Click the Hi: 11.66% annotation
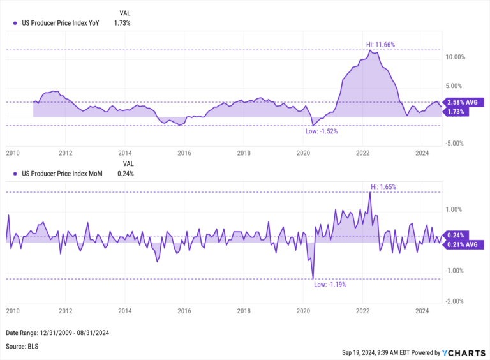pyautogui.click(x=380, y=44)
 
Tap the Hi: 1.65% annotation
pyautogui.click(x=384, y=187)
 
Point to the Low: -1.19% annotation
pyautogui.click(x=330, y=285)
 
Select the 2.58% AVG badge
pyautogui.click(x=465, y=102)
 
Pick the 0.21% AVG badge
pyautogui.click(x=465, y=244)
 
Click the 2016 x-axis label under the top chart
pyautogui.click(x=184, y=153)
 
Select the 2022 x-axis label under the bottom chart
pyautogui.click(x=362, y=311)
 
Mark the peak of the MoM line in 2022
pyautogui.click(x=371, y=192)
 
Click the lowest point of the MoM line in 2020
pyautogui.click(x=313, y=278)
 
